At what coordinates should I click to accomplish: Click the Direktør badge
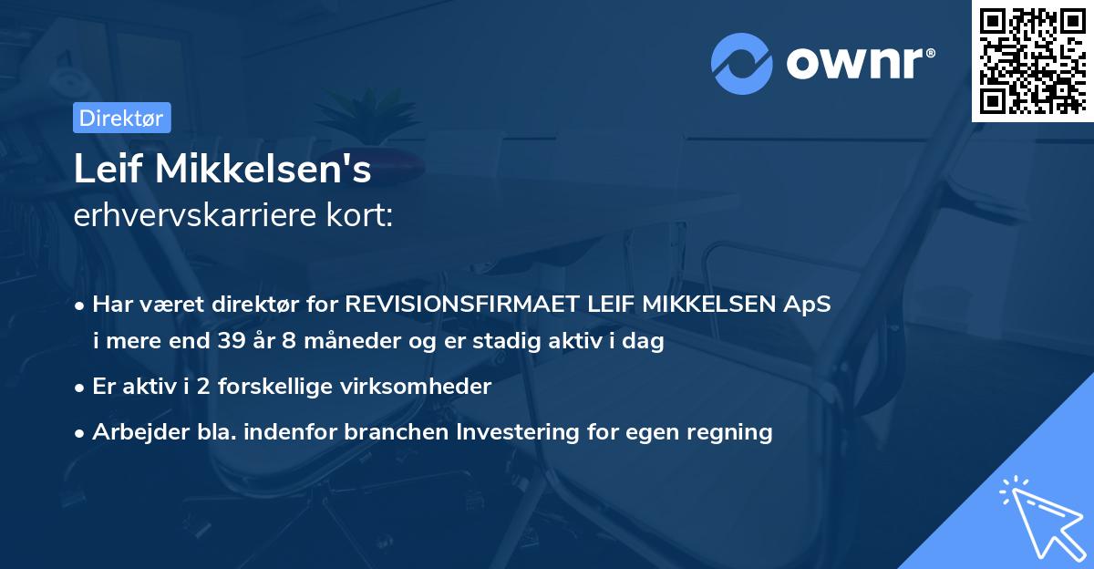coord(121,118)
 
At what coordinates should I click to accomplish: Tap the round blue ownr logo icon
coord(741,63)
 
